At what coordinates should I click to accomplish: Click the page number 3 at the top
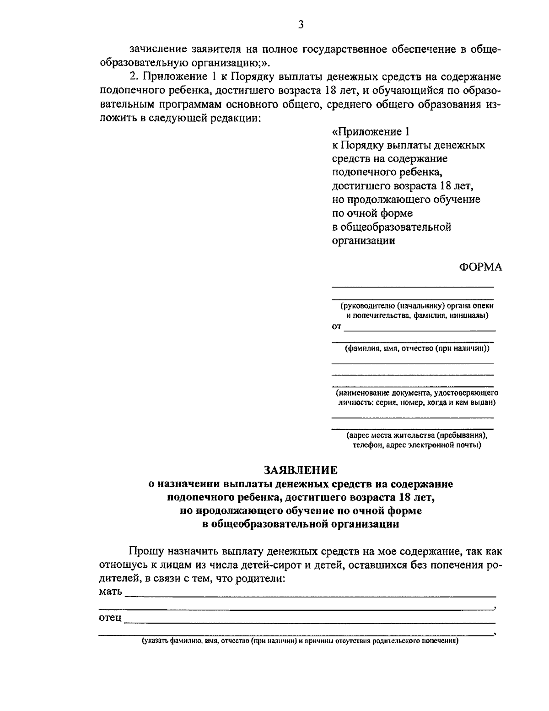click(x=301, y=25)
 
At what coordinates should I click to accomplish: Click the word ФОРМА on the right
click(x=480, y=267)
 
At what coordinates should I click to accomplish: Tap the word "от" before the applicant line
click(x=336, y=327)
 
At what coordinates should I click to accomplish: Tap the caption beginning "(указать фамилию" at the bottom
click(x=300, y=641)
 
